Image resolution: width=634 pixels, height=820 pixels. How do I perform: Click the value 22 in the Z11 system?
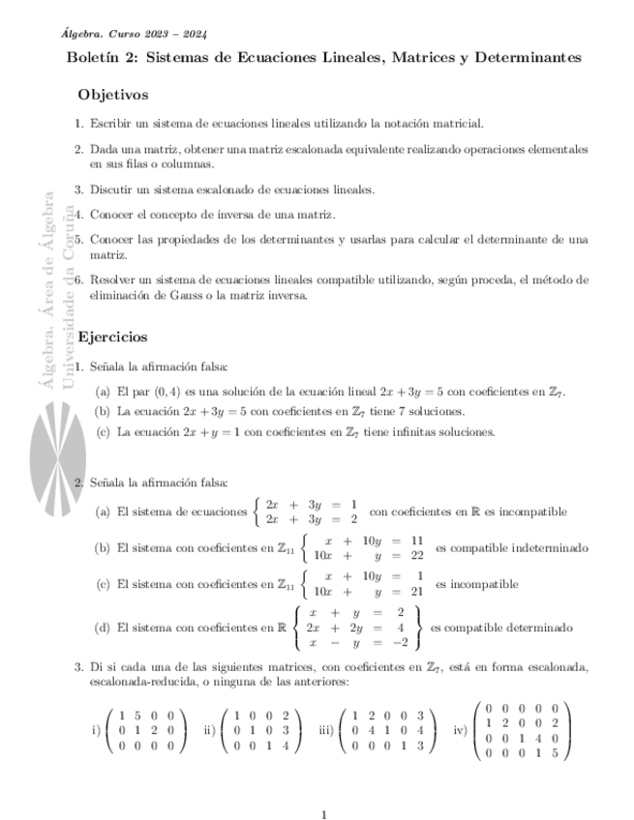coord(417,555)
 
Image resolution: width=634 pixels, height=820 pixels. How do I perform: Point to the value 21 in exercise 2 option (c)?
coord(417,592)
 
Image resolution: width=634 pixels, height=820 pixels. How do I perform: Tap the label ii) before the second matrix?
coord(209,731)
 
